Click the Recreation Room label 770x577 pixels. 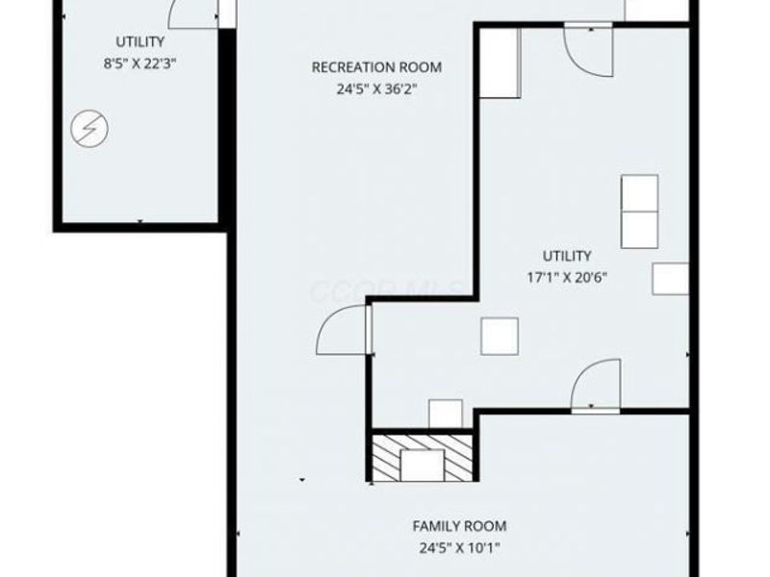(x=376, y=67)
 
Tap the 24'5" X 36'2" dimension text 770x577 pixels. (x=376, y=88)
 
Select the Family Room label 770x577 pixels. (x=459, y=526)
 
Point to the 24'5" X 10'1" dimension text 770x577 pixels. (x=459, y=549)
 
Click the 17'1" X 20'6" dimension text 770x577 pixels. (x=566, y=277)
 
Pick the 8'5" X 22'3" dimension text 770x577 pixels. (x=140, y=63)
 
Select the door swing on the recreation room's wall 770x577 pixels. (x=343, y=329)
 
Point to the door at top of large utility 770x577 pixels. (x=586, y=49)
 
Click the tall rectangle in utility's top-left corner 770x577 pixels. (x=500, y=63)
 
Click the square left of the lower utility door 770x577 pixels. (x=500, y=336)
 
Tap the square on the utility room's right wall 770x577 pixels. (x=670, y=278)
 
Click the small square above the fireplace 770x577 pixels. (x=445, y=413)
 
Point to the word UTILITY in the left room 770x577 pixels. (x=140, y=42)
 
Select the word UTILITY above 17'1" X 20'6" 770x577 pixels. (x=566, y=256)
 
